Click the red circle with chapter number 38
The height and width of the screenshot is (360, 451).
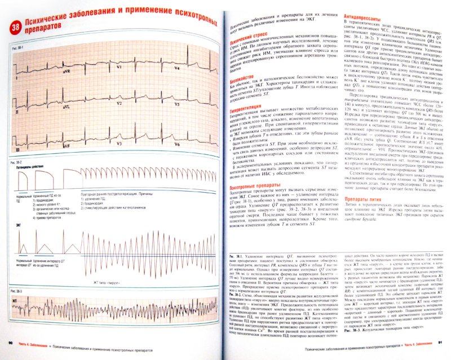click(17, 24)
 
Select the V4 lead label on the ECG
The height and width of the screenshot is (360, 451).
click(177, 69)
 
